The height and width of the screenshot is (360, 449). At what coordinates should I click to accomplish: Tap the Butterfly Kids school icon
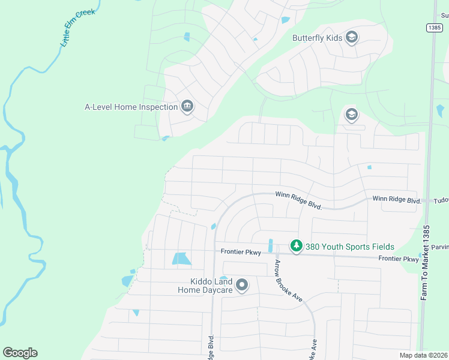point(352,38)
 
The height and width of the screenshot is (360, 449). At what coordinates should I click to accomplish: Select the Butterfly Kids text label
point(317,38)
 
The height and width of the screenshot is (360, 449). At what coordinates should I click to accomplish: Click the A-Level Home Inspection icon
point(187,107)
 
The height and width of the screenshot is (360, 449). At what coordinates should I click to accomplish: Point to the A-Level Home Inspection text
point(131,107)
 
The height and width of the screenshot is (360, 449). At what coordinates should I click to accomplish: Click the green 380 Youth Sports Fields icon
point(295,246)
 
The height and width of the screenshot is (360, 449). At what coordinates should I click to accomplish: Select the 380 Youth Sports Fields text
point(349,247)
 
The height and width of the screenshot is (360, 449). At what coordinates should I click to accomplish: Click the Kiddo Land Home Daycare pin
point(242,285)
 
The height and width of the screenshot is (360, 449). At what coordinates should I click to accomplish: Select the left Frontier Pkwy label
point(241,253)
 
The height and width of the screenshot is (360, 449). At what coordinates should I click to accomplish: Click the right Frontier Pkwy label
point(398,259)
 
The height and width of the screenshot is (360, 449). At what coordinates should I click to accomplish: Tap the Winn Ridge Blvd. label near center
point(299,200)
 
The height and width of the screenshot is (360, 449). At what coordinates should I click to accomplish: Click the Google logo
point(20,353)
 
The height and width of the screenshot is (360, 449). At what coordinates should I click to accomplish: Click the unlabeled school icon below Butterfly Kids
point(351,114)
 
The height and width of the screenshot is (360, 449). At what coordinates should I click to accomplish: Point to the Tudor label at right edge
point(441,200)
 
